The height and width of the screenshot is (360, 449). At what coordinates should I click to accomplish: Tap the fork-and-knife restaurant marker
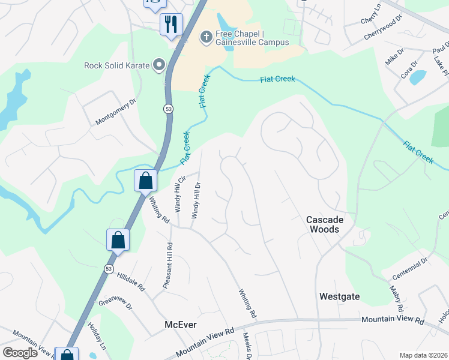click(x=170, y=25)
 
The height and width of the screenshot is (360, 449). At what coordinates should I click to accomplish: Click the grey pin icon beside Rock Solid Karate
click(x=159, y=65)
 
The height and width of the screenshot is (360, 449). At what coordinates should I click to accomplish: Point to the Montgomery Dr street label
click(x=116, y=112)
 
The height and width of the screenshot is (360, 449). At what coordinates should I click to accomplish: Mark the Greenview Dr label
click(x=115, y=302)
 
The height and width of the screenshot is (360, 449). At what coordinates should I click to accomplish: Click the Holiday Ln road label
click(x=96, y=337)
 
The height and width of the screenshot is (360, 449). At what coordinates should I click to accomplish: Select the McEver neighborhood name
click(x=181, y=325)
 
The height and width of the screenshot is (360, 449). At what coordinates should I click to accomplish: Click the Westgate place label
click(x=339, y=296)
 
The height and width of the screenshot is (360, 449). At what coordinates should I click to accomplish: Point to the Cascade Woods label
click(x=323, y=224)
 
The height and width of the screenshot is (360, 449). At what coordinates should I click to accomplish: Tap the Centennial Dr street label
click(x=409, y=268)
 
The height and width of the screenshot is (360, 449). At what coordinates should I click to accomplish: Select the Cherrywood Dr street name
click(x=382, y=29)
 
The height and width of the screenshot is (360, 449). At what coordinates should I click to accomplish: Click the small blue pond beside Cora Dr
click(x=418, y=77)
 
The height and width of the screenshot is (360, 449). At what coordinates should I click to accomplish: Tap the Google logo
click(x=20, y=353)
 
